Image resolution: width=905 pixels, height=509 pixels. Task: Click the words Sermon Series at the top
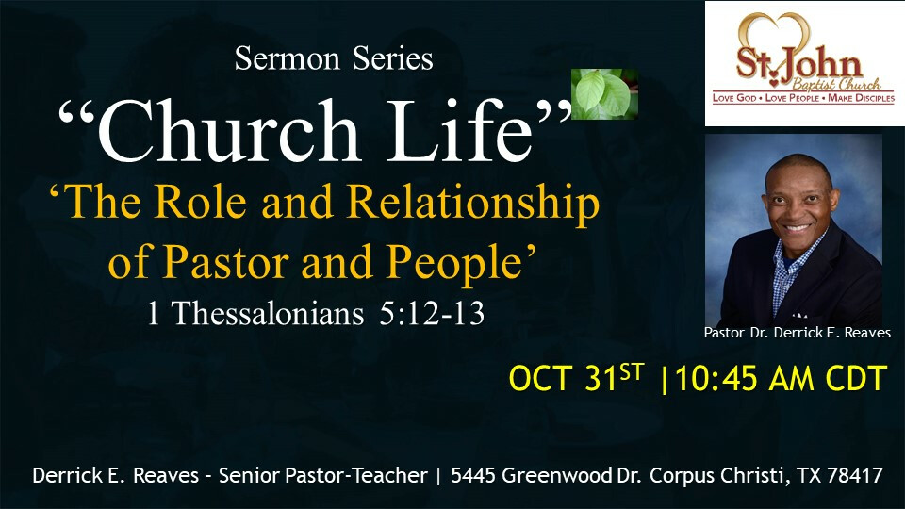tap(334, 58)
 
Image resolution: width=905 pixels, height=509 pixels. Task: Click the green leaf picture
tap(604, 94)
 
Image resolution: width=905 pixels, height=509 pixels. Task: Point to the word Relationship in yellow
tap(473, 204)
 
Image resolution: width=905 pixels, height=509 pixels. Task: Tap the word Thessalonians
tap(269, 314)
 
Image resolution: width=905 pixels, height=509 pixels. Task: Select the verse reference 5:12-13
tap(432, 314)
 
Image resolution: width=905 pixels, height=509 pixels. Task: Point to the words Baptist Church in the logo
tap(836, 84)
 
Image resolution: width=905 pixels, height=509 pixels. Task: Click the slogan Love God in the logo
tap(734, 98)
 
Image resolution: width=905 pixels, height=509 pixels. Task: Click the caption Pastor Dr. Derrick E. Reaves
tap(798, 333)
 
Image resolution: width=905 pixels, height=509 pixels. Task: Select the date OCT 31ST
tap(576, 379)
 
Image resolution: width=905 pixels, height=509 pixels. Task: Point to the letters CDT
tap(856, 379)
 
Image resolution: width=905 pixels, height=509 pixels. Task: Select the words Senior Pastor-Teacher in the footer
tap(323, 475)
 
